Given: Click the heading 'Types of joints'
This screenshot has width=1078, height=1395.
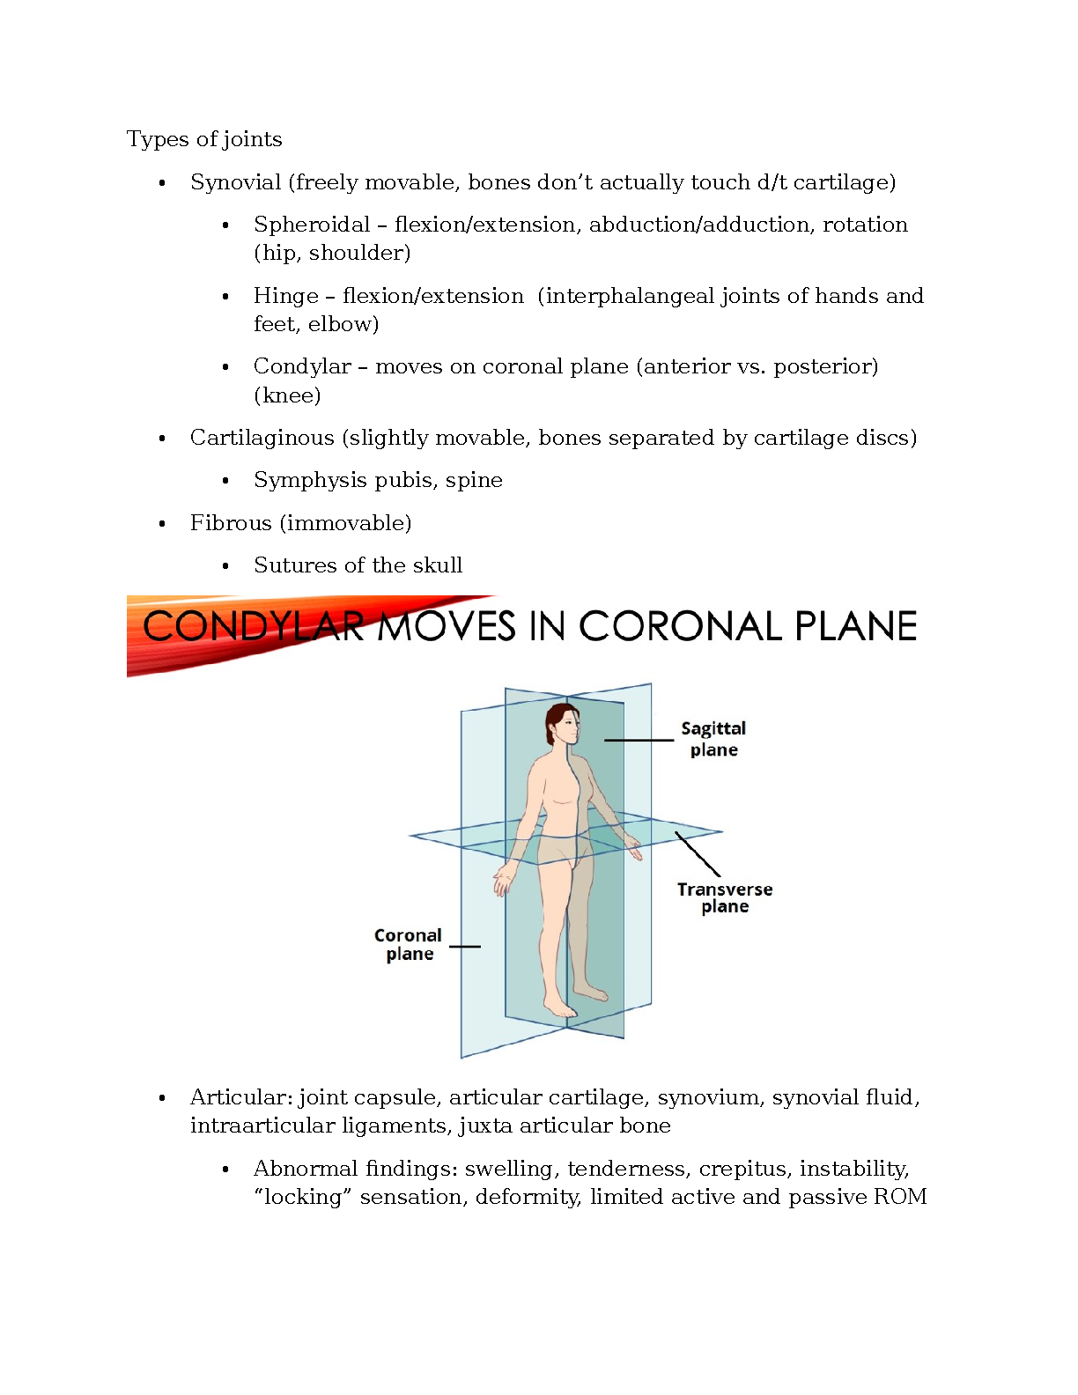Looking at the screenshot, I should tap(204, 139).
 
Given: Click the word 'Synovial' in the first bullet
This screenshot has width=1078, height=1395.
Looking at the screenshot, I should tap(235, 182).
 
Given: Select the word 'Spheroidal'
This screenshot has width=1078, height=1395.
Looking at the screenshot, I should tap(312, 225).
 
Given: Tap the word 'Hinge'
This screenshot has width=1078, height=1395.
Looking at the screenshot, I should tap(285, 296).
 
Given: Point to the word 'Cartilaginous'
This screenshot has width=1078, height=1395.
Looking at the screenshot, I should tap(262, 438).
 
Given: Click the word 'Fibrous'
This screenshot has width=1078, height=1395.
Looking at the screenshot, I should tap(231, 523).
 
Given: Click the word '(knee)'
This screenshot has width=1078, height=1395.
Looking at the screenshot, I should tap(287, 395).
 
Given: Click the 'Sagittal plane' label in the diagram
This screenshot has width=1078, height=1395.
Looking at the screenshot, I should tap(713, 739).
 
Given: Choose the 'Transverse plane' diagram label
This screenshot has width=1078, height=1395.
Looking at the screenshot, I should tap(725, 898).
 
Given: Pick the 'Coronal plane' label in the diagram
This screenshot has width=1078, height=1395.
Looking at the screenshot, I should tap(409, 945).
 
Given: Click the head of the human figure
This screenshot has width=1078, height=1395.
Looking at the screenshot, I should tap(564, 725).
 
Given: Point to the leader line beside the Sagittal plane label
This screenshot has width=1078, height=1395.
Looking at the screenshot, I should tap(639, 741).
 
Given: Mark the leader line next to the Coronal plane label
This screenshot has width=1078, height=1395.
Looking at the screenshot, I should tap(465, 947).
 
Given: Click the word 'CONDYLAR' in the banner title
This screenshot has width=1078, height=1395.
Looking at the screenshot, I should tap(254, 627).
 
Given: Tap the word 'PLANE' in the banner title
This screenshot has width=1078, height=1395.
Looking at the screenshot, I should tap(855, 627).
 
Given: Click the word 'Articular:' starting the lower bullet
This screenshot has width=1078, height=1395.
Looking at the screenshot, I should tap(241, 1097).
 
